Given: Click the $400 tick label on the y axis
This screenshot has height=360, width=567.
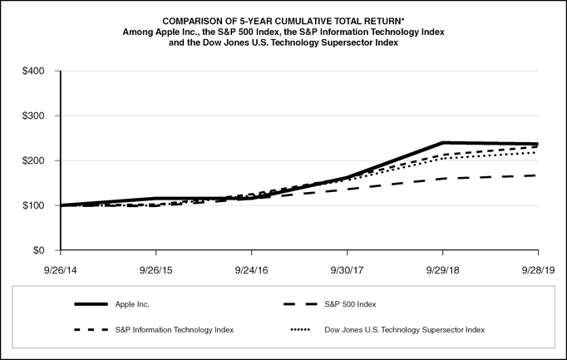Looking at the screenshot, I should pos(34,71).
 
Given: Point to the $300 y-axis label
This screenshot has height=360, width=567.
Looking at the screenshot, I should pos(34,116).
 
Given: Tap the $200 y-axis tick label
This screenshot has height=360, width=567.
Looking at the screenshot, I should pos(34,160).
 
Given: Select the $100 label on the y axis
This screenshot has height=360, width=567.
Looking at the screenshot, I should pos(34,205).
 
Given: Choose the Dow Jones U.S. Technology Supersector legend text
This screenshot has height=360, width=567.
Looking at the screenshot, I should pos(404,330).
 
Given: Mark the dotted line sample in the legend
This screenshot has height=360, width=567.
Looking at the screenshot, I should pos(301,330).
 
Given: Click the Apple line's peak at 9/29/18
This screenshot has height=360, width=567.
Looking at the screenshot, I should pos(443,143).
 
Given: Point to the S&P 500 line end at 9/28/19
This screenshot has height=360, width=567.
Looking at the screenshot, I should pos(537,175).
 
